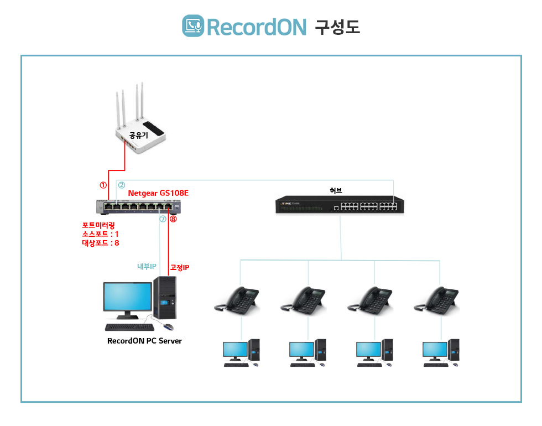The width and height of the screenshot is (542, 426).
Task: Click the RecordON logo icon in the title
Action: [x=193, y=26]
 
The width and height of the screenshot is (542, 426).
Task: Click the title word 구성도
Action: [x=337, y=27]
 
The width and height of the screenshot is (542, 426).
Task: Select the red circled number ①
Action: [x=103, y=185]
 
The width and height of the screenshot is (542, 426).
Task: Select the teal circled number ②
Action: [x=122, y=185]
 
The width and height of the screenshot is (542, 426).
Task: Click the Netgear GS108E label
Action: [x=158, y=194]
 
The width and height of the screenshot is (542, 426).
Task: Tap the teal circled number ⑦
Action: [x=163, y=219]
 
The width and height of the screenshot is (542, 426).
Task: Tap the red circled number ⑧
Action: [x=173, y=219]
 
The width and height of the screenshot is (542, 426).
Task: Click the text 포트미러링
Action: [x=98, y=225]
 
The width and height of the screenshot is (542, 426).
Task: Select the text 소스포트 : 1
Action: [x=100, y=234]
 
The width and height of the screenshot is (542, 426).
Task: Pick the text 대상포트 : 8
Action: [x=100, y=243]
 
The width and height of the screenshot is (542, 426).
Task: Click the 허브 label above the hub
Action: [x=336, y=190]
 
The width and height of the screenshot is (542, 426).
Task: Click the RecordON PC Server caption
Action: [x=144, y=341]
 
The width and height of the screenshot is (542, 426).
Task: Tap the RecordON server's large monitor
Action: [x=127, y=298]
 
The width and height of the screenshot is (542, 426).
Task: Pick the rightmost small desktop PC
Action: [x=441, y=353]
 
